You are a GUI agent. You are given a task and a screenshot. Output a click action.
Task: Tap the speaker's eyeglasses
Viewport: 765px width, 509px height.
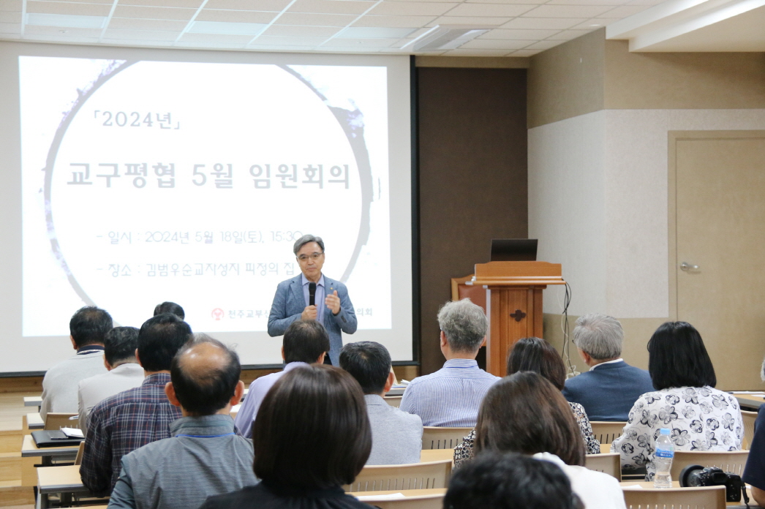click(310, 257)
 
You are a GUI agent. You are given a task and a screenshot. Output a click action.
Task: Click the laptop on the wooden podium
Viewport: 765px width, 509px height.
click(513, 250)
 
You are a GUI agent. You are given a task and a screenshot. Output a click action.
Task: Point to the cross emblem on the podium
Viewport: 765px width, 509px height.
click(518, 316)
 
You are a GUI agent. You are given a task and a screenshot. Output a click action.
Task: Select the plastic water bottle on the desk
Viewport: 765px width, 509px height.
click(663, 457)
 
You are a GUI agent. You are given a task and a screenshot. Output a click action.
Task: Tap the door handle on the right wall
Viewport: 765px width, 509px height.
click(689, 267)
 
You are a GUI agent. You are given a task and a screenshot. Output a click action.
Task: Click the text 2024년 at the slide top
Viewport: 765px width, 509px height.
click(136, 119)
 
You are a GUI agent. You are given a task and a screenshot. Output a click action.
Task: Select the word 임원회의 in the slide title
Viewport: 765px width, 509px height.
click(299, 176)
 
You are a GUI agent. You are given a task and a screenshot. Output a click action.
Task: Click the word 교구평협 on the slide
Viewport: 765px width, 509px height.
click(123, 176)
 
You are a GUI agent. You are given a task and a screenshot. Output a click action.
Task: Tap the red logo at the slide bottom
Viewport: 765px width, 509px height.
click(217, 314)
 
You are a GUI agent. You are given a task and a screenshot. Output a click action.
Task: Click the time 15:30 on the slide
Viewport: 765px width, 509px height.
click(286, 236)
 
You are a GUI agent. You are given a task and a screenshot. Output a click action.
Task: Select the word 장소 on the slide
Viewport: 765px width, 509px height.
click(119, 270)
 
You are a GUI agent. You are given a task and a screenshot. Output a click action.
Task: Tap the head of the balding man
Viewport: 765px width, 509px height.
click(205, 373)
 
